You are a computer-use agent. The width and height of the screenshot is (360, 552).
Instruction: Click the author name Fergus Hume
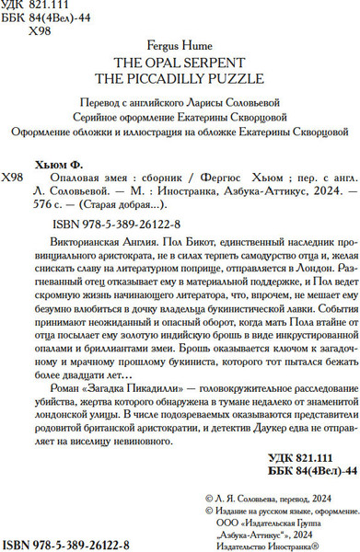coord(180,43)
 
